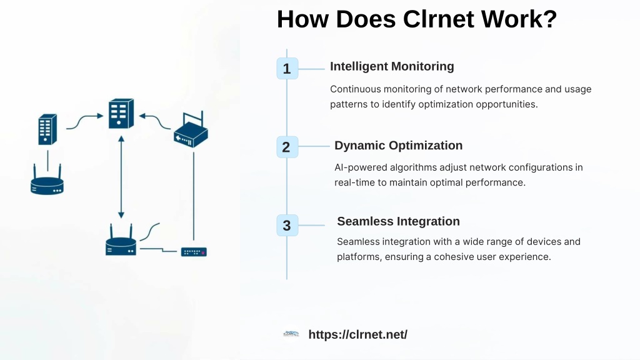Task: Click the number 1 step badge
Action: pyautogui.click(x=287, y=69)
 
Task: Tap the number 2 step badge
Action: pyautogui.click(x=287, y=147)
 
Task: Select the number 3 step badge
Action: pyautogui.click(x=287, y=225)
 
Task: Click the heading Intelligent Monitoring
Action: pyautogui.click(x=392, y=66)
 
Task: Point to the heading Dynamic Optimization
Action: pyautogui.click(x=398, y=145)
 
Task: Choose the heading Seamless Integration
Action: pyautogui.click(x=398, y=221)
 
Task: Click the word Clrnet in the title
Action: pyautogui.click(x=438, y=19)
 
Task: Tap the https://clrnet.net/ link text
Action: pyautogui.click(x=358, y=334)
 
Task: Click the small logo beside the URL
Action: pyautogui.click(x=291, y=334)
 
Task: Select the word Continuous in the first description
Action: pyautogui.click(x=355, y=89)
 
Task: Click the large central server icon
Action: pyautogui.click(x=121, y=114)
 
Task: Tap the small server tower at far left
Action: pyautogui.click(x=47, y=129)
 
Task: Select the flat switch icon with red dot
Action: pyautogui.click(x=194, y=252)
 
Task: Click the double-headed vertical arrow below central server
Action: pyautogui.click(x=121, y=177)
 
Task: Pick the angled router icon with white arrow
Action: pyautogui.click(x=191, y=130)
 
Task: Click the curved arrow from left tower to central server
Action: pyautogui.click(x=85, y=121)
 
